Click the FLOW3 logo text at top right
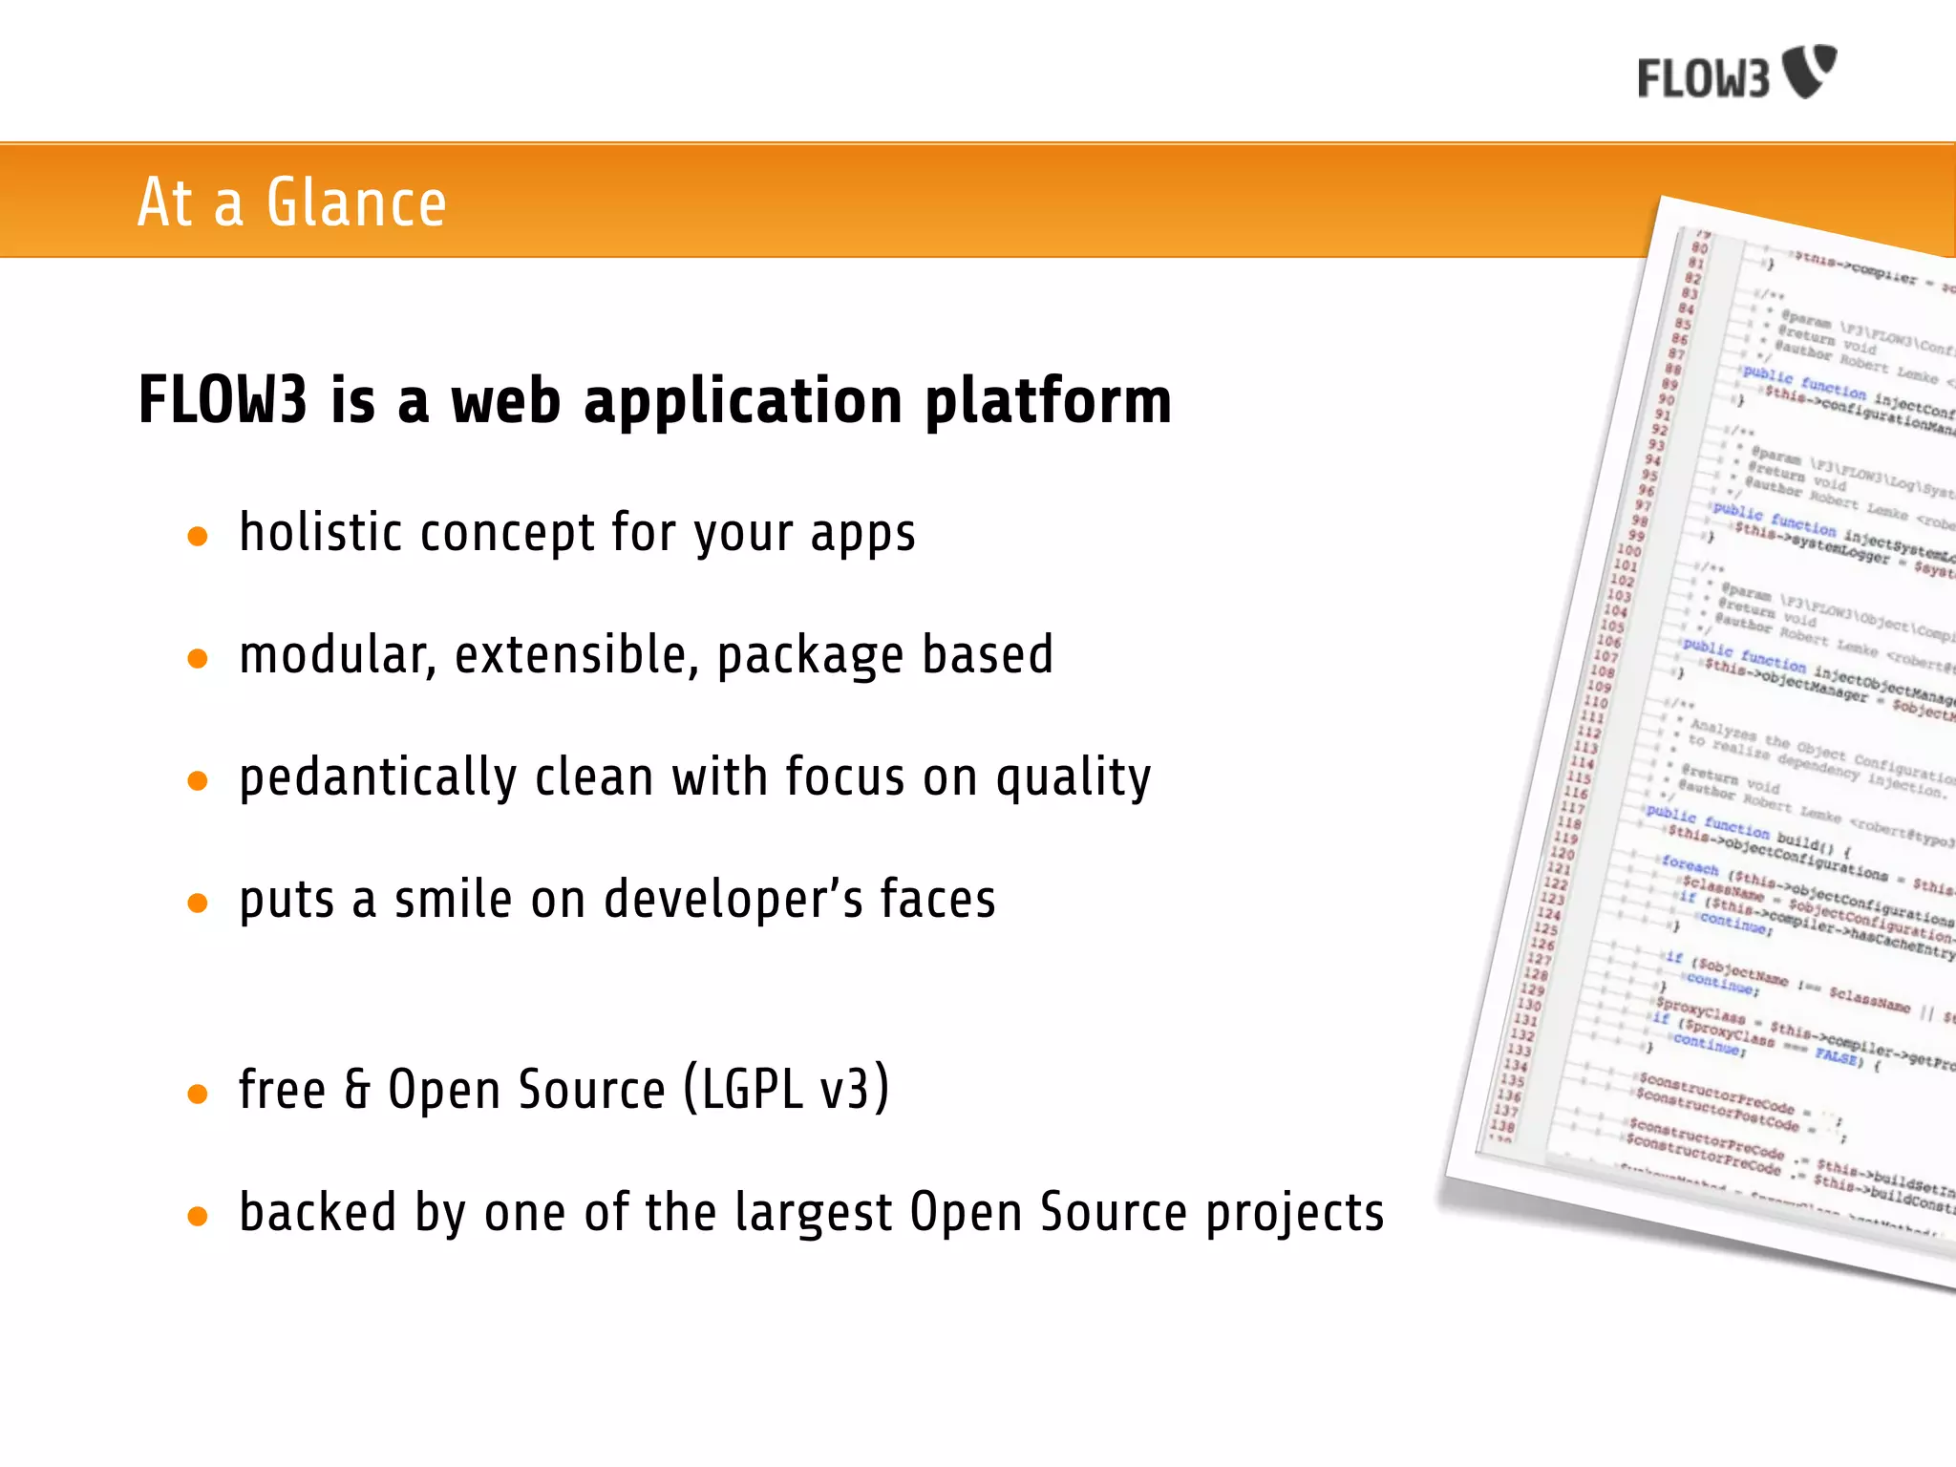(x=1703, y=78)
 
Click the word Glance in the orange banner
(x=355, y=202)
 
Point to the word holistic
(x=320, y=532)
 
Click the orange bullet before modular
(x=198, y=658)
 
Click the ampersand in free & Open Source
(x=356, y=1090)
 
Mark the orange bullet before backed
(x=198, y=1216)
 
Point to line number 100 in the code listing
(x=1628, y=550)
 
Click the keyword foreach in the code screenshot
(x=1690, y=865)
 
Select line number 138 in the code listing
(x=1502, y=1125)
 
